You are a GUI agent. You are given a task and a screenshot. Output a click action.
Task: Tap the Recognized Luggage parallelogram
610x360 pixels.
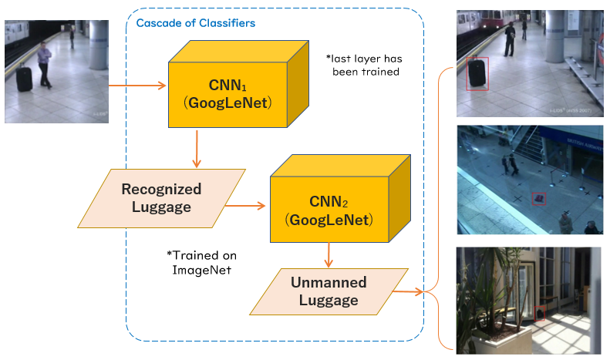pyautogui.click(x=161, y=198)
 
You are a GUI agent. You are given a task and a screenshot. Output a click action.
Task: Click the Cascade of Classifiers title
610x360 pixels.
pyautogui.click(x=196, y=23)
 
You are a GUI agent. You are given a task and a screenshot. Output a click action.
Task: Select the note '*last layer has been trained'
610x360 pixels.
pyautogui.click(x=365, y=64)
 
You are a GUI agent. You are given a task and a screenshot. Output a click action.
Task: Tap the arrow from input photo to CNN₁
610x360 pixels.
pyautogui.click(x=135, y=85)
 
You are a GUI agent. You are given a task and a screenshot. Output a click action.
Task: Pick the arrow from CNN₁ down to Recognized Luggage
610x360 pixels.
pyautogui.click(x=197, y=149)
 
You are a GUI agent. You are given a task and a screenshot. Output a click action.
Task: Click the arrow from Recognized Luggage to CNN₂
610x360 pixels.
pyautogui.click(x=250, y=206)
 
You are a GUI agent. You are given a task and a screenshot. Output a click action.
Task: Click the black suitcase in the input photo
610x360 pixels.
pyautogui.click(x=25, y=79)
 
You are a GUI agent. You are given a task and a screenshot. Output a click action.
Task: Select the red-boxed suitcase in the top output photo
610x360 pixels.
pyautogui.click(x=478, y=73)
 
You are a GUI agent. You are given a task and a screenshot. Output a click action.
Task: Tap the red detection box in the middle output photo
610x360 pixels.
pyautogui.click(x=539, y=199)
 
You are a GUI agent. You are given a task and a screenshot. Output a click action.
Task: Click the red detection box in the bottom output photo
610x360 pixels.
pyautogui.click(x=541, y=313)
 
